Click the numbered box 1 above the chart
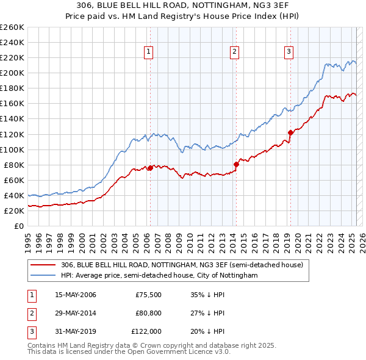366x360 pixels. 149,52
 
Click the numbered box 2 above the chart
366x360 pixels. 235,52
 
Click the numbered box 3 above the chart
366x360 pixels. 289,52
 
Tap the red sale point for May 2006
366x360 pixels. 150,168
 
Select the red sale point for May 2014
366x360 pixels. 237,164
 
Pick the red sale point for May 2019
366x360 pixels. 290,132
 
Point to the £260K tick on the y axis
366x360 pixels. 12,27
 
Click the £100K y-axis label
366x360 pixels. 12,149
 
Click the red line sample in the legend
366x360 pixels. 43,265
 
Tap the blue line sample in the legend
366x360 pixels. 43,275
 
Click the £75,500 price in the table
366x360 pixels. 148,295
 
